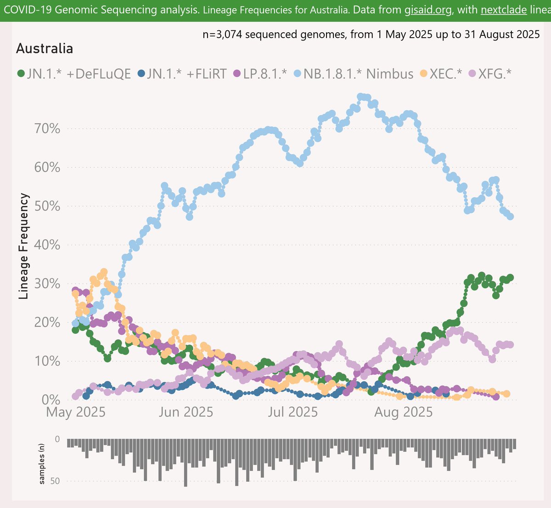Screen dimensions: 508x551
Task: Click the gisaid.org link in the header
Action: (428, 10)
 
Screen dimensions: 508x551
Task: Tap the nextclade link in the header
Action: (504, 10)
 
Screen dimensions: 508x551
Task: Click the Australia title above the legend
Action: (45, 49)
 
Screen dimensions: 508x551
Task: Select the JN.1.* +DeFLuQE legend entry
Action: (74, 74)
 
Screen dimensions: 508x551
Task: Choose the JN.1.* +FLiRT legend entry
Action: (182, 74)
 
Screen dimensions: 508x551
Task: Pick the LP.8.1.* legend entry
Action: (260, 74)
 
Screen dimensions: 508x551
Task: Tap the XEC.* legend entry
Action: (441, 74)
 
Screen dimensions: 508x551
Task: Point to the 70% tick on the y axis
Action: (47, 129)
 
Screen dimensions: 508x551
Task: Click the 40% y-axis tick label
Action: (47, 245)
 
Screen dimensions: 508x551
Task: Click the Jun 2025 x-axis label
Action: (186, 412)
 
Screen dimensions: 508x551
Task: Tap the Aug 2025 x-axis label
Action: (404, 412)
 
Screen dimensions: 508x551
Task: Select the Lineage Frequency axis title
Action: (24, 246)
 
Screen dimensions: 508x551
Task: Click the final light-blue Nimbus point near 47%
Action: (510, 217)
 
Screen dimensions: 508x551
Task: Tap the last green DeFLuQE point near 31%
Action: (510, 278)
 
